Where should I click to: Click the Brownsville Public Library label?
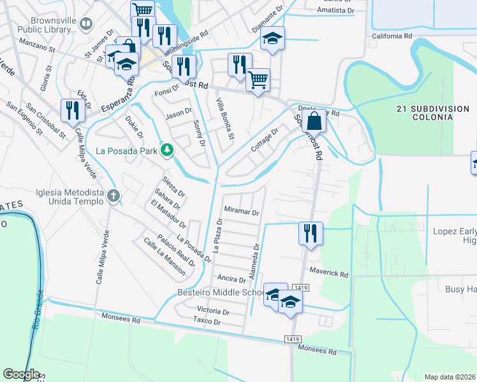39,24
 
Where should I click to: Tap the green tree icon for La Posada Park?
167,150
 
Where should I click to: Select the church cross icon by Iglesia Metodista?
114,195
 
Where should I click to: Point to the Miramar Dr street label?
242,212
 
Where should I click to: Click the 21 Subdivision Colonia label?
432,113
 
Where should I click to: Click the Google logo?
20,374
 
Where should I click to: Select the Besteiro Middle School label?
220,293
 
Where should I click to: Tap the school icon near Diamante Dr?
272,39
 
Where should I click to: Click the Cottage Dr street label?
264,140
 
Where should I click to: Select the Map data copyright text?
450,377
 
